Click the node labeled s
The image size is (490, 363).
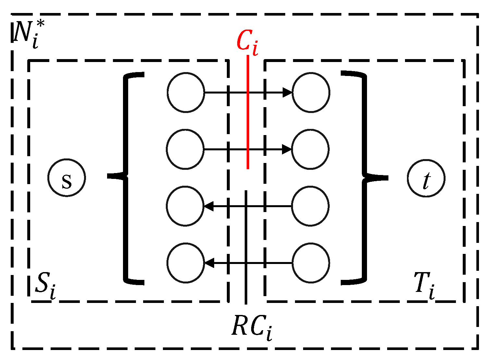click(67, 178)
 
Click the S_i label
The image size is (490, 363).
click(45, 286)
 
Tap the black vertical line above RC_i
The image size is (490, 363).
click(246, 247)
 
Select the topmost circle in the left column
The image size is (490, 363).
click(186, 93)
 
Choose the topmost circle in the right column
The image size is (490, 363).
click(311, 93)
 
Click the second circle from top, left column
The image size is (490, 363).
click(185, 149)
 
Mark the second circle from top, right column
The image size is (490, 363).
click(311, 149)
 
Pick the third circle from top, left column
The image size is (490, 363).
click(185, 206)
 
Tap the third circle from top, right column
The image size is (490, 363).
click(311, 206)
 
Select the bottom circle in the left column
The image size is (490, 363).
click(186, 263)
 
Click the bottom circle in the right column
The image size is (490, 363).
click(311, 263)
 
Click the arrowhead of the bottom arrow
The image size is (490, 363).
click(209, 263)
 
